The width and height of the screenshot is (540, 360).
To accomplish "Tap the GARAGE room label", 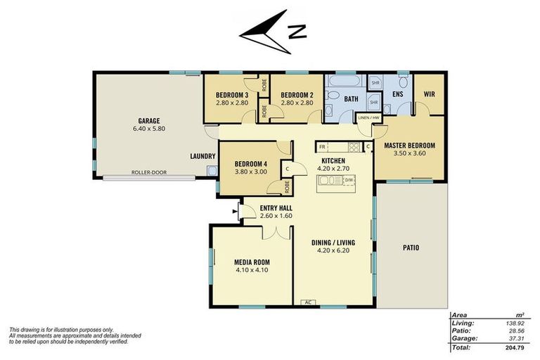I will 147,120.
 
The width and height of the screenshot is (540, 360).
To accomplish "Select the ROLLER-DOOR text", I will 148,172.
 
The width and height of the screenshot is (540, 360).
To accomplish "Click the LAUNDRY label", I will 202,156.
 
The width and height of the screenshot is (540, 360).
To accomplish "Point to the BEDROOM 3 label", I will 231,95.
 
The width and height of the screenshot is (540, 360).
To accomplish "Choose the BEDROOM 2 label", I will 296,95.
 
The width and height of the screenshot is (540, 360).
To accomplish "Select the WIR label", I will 429,94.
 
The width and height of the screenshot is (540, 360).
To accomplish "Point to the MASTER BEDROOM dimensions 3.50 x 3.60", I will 409,154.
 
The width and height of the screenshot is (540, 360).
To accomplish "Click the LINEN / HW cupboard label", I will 368,117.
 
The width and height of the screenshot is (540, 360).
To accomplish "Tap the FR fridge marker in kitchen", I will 322,147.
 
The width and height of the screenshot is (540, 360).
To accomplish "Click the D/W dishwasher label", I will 348,181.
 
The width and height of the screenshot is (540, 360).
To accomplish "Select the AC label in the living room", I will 307,302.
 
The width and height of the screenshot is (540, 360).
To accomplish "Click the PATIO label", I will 411,247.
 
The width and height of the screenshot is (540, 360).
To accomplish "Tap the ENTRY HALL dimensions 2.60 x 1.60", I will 276,216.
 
